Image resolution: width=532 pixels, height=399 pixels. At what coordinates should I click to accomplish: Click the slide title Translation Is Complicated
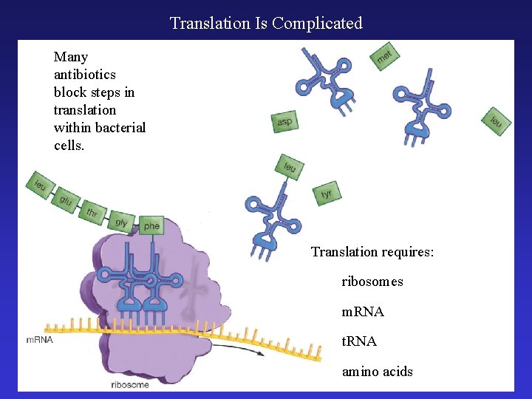[x=266, y=23]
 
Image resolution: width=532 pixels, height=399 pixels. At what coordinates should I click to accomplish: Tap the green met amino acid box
[x=385, y=56]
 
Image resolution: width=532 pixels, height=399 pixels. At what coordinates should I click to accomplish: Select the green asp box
[x=284, y=122]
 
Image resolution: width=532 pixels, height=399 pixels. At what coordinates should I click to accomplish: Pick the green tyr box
[x=327, y=194]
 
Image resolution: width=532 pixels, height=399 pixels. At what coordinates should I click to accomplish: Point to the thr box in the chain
[x=92, y=213]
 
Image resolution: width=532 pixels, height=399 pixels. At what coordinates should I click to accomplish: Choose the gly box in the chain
[x=121, y=222]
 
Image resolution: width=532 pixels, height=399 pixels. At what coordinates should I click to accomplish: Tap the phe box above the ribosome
[x=151, y=225]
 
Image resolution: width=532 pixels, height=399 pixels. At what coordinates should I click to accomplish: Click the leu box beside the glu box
[x=40, y=185]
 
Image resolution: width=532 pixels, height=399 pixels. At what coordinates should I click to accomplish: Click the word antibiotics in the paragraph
[x=84, y=75]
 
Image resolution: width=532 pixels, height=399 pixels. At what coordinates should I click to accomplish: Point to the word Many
[x=71, y=57]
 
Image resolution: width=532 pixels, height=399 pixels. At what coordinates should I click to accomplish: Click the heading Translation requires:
[x=372, y=252]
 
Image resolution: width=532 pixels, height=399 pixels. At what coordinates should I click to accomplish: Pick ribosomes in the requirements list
[x=372, y=282]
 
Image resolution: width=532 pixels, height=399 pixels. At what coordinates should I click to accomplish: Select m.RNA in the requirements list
[x=363, y=312]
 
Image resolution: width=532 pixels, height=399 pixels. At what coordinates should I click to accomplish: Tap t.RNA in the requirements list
[x=359, y=341]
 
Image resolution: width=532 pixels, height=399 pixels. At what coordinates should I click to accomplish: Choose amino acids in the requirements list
[x=377, y=371]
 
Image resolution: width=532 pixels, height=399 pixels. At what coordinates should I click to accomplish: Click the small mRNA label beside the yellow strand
[x=38, y=340]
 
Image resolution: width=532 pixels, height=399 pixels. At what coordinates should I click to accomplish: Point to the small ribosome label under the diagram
[x=129, y=384]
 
